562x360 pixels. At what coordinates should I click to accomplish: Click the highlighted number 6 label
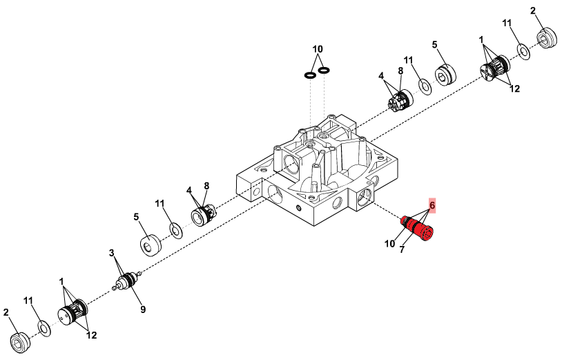pos(432,205)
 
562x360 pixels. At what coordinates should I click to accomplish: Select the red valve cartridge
pos(418,228)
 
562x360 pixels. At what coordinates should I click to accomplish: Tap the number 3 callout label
pos(112,253)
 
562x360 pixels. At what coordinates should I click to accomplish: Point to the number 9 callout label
pos(143,310)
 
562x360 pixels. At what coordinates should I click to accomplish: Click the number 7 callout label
pos(402,249)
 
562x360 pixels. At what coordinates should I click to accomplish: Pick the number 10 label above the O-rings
pos(318,49)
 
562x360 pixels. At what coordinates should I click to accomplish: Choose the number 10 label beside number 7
pos(389,244)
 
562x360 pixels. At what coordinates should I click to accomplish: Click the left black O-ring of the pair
pos(310,75)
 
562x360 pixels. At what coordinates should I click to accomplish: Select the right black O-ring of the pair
pos(324,70)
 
